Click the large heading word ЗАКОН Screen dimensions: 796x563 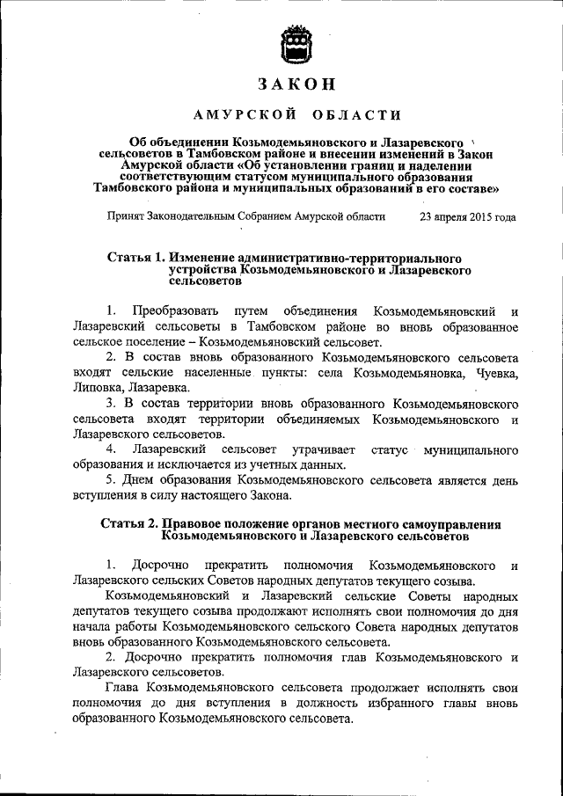point(296,84)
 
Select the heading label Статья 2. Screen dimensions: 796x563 point(136,525)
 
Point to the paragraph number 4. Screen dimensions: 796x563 point(110,449)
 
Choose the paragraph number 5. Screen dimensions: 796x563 point(110,480)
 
